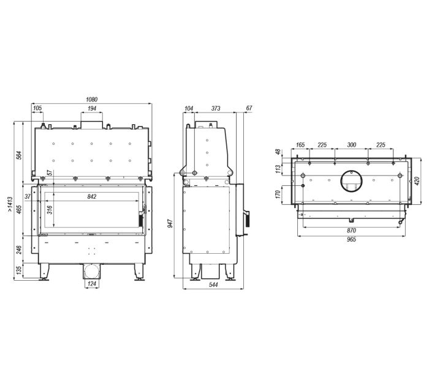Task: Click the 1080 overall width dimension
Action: tap(92, 100)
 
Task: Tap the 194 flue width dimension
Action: tap(92, 108)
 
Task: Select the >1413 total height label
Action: tap(10, 205)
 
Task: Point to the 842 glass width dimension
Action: tap(92, 196)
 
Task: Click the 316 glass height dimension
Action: tap(50, 210)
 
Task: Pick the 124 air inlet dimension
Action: tap(92, 284)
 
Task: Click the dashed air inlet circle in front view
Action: tap(92, 271)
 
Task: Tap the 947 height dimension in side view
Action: tap(170, 224)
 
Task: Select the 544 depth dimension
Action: tap(213, 285)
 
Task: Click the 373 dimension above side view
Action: tap(216, 108)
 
